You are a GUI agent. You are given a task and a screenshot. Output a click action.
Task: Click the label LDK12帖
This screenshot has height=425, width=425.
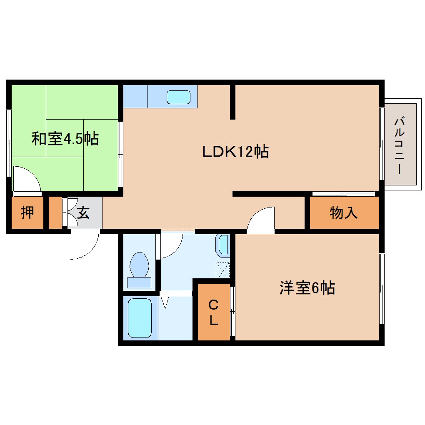pyautogui.click(x=235, y=152)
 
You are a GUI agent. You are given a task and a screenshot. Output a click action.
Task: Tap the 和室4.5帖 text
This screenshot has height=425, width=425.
pyautogui.click(x=65, y=138)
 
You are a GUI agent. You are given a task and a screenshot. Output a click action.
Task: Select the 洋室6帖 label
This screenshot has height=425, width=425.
pyautogui.click(x=307, y=288)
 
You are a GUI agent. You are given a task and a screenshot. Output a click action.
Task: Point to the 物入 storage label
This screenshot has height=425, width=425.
pyautogui.click(x=344, y=213)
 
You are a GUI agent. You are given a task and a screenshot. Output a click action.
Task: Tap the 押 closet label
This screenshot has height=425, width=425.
pyautogui.click(x=27, y=213)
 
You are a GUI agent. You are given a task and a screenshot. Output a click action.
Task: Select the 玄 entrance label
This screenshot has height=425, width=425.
pyautogui.click(x=83, y=213)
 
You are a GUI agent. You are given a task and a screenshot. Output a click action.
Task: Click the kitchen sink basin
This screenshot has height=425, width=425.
pyautogui.click(x=178, y=97)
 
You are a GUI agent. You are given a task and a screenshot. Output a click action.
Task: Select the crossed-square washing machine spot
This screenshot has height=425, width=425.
pyautogui.click(x=223, y=270)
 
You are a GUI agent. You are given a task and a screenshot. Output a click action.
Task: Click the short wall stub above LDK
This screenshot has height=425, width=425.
pyautogui.click(x=232, y=102)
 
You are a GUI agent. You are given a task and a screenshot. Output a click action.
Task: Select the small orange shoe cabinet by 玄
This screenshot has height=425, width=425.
pyautogui.click(x=55, y=213)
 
